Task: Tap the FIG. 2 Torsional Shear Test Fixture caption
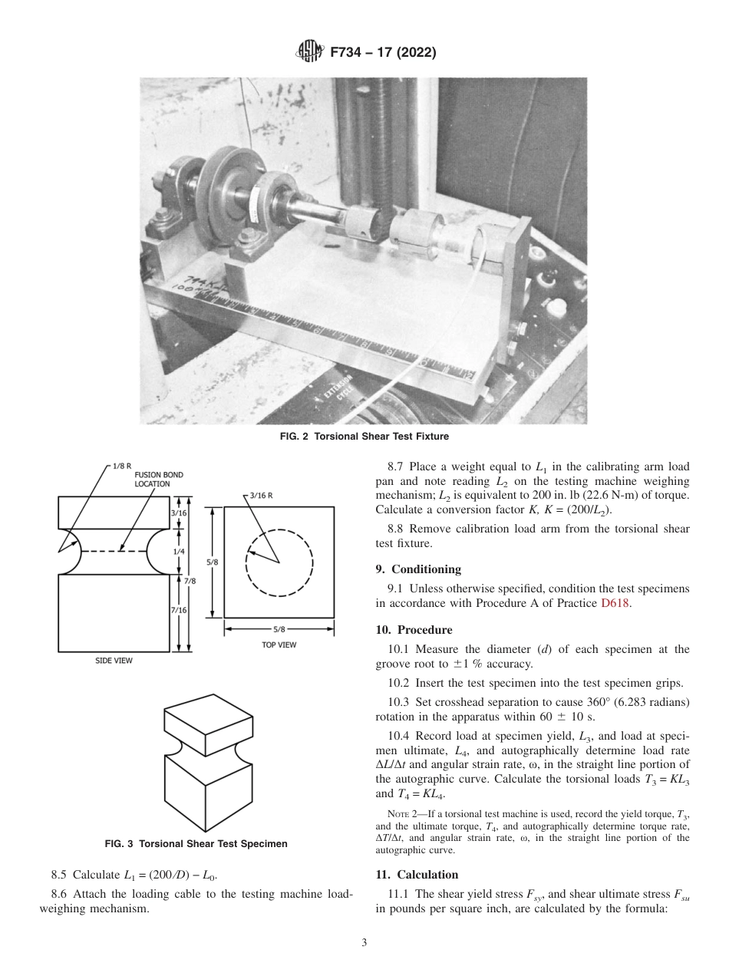(364, 437)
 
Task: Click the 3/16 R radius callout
(262, 495)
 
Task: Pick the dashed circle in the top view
(279, 562)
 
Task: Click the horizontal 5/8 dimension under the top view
(279, 629)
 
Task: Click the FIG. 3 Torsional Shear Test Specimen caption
(196, 844)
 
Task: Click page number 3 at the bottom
(364, 943)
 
